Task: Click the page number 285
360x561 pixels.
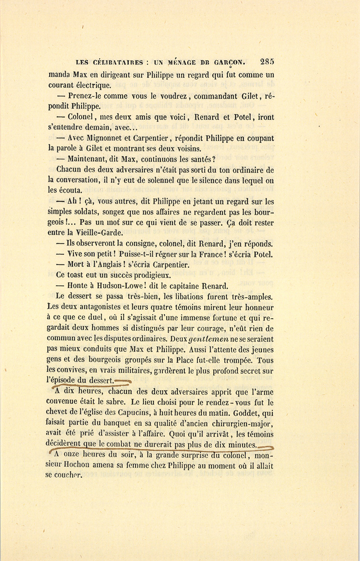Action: (x=267, y=62)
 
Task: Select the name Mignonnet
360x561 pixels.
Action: (x=106, y=138)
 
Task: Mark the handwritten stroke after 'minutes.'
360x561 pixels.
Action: (x=265, y=447)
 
